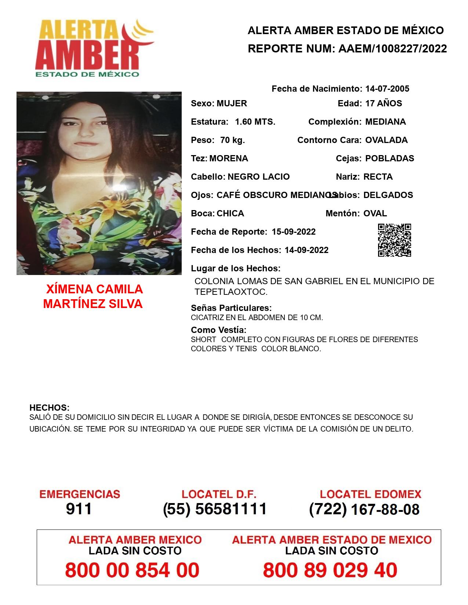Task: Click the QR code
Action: coord(394,240)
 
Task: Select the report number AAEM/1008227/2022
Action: coord(392,48)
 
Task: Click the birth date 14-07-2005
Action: coord(387,89)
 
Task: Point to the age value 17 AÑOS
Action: coord(383,103)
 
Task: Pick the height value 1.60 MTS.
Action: coord(255,122)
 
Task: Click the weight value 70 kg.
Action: coord(232,140)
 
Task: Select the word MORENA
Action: coord(228,158)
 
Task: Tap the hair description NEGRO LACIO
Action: coord(258,177)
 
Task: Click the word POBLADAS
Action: coord(389,158)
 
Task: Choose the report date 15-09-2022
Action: coord(293,232)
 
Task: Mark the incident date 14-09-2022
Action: coord(306,250)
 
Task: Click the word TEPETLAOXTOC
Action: coord(231,292)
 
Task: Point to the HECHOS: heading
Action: coord(49,408)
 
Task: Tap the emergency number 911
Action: coord(79,509)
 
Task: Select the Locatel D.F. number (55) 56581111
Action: coord(215,509)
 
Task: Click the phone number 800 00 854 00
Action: coord(132,570)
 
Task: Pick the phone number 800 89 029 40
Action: coord(330,570)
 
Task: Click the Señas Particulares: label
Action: coord(231,308)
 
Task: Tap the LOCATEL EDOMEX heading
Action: coord(370,494)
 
